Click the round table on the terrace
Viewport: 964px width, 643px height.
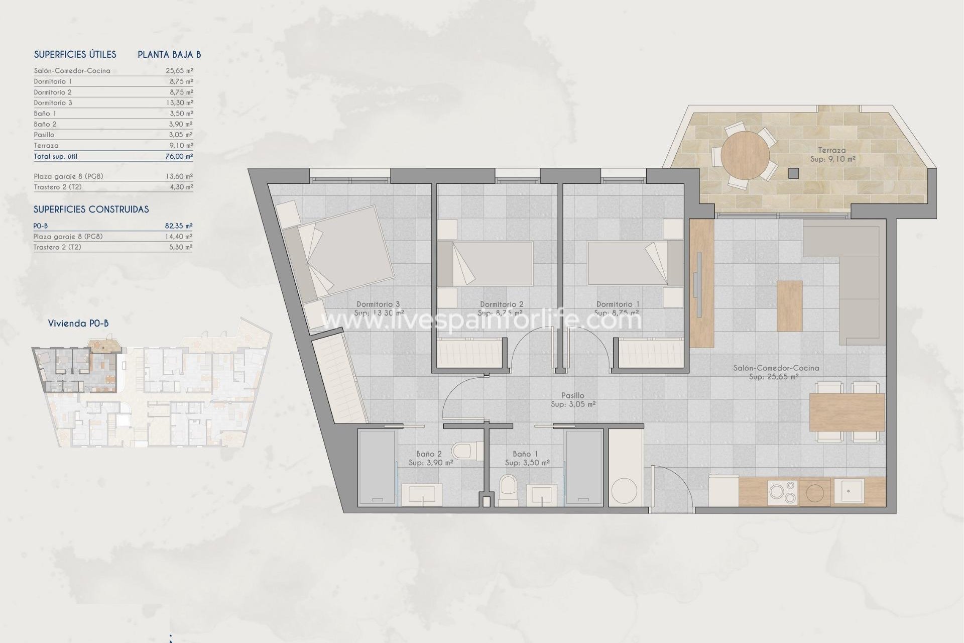pyautogui.click(x=745, y=156)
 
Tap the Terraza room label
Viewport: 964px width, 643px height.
pyautogui.click(x=831, y=150)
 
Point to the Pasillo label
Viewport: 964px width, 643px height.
pyautogui.click(x=572, y=396)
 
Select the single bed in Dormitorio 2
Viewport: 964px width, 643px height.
pyautogui.click(x=485, y=264)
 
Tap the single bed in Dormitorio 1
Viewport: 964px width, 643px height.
pyautogui.click(x=635, y=264)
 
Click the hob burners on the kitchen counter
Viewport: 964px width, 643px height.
pyautogui.click(x=783, y=492)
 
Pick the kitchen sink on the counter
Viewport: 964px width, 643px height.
pyautogui.click(x=849, y=491)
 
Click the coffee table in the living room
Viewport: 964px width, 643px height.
pyautogui.click(x=789, y=305)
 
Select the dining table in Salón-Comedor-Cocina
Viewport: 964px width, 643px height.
pyautogui.click(x=847, y=412)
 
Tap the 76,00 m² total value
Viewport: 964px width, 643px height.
pyautogui.click(x=179, y=156)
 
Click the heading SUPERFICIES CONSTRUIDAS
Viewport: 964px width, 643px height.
pyautogui.click(x=91, y=209)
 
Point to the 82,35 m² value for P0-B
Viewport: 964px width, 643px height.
pyautogui.click(x=179, y=226)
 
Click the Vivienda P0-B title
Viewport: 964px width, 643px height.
pyautogui.click(x=78, y=324)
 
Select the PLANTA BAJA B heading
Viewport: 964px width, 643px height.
pyautogui.click(x=169, y=55)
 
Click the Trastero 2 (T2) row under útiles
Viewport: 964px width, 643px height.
pyautogui.click(x=58, y=187)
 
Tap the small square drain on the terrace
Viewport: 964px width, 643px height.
pyautogui.click(x=793, y=173)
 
